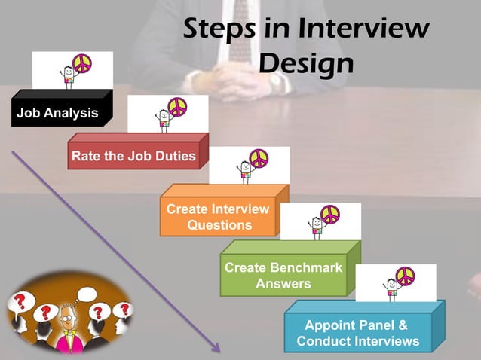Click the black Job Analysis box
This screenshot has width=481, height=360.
tap(57, 114)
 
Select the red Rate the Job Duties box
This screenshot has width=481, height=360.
tap(133, 157)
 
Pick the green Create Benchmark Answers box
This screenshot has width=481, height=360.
tap(283, 276)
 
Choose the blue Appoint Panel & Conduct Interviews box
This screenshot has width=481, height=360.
tap(357, 334)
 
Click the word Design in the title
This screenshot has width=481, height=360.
tap(305, 63)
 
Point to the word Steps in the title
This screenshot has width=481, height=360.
tap(219, 30)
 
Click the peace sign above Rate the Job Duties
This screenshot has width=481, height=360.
tap(177, 107)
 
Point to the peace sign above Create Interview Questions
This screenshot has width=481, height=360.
tap(259, 158)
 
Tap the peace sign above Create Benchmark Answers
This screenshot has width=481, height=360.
tap(330, 215)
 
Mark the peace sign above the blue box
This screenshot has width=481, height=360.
tap(405, 276)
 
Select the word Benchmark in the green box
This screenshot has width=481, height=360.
tap(306, 268)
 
